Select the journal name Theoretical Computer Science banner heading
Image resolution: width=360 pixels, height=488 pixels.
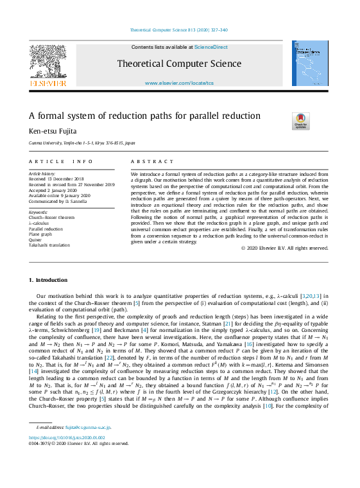pyautogui.click(x=179, y=64)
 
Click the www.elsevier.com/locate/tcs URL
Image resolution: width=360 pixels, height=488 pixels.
pyautogui.click(x=179, y=83)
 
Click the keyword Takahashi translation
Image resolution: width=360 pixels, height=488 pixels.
pyautogui.click(x=49, y=245)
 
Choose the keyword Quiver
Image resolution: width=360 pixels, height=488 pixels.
pyautogui.click(x=36, y=239)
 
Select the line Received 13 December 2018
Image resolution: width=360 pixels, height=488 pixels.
pyautogui.click(x=56, y=179)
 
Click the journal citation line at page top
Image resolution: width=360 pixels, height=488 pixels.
pyautogui.click(x=179, y=30)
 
